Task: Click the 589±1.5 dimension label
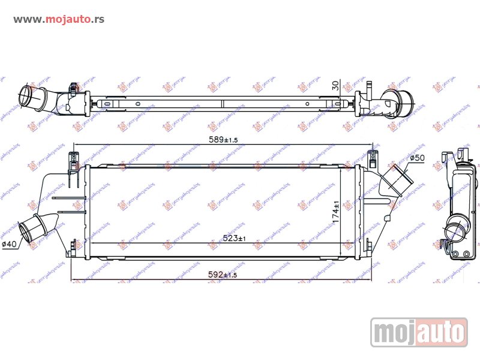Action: (221, 139)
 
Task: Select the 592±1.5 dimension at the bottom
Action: (223, 275)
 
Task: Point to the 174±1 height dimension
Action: (337, 212)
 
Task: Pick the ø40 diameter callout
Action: (11, 244)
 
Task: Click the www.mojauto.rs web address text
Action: (59, 19)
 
